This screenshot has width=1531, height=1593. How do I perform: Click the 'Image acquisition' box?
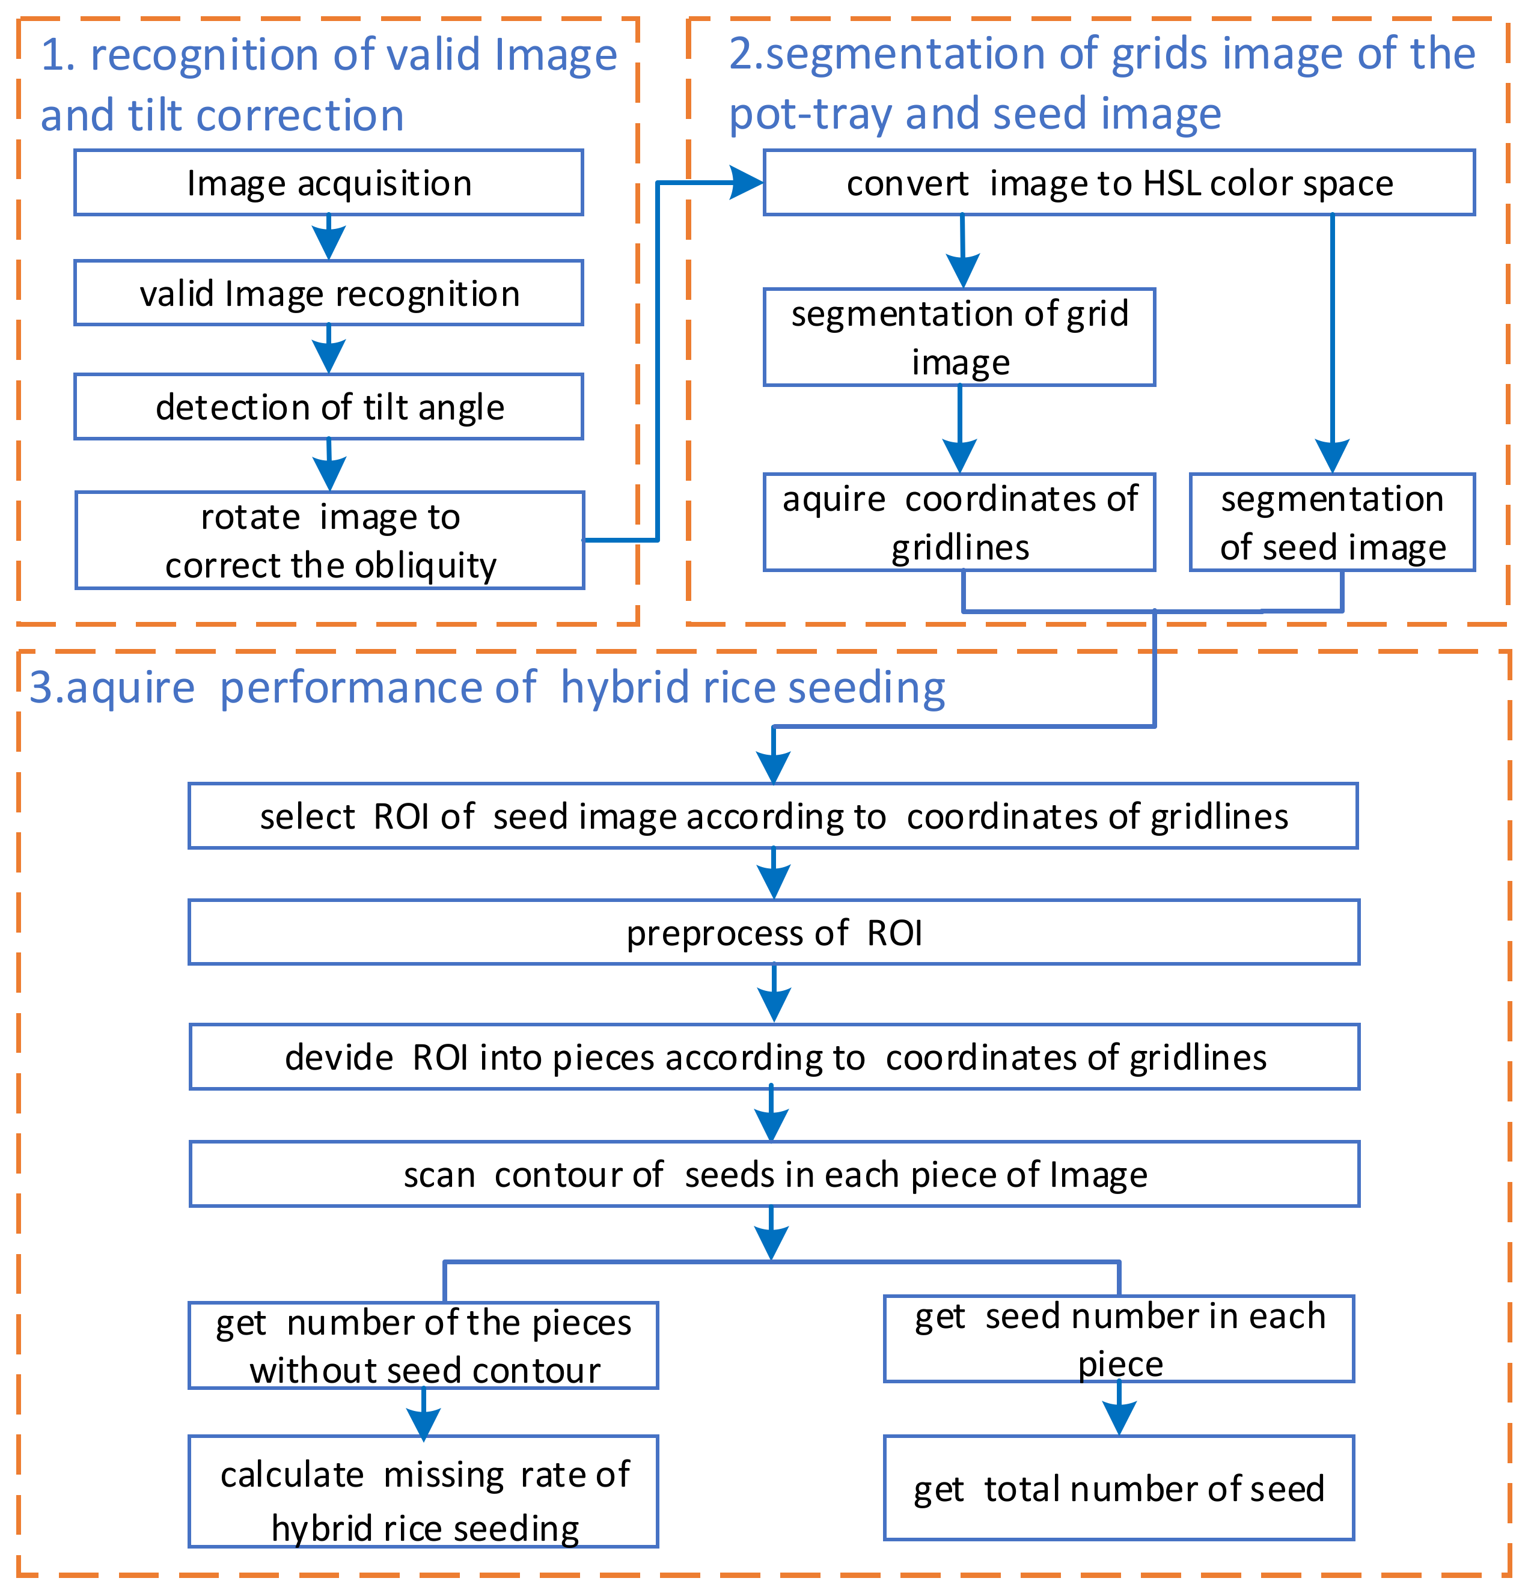pos(328,183)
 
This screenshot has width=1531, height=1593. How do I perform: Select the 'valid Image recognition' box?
pos(328,293)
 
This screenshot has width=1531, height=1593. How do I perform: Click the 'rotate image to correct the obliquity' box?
pos(329,540)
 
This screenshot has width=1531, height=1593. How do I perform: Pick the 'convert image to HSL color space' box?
pos(1119,183)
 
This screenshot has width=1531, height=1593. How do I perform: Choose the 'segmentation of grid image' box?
pos(959,337)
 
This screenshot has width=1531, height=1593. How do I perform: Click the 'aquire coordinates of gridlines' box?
pos(959,523)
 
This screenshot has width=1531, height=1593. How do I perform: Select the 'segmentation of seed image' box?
pos(1332,523)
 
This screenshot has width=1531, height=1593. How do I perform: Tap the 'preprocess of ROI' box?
pos(773,932)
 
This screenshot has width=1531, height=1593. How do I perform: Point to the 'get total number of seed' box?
pos(1119,1489)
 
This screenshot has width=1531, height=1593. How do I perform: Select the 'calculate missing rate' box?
pos(423,1492)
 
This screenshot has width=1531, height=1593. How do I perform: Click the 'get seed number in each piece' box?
pos(1119,1339)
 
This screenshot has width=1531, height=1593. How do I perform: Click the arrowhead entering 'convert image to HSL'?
pos(747,183)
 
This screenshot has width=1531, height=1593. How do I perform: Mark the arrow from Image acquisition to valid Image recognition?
pos(328,238)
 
